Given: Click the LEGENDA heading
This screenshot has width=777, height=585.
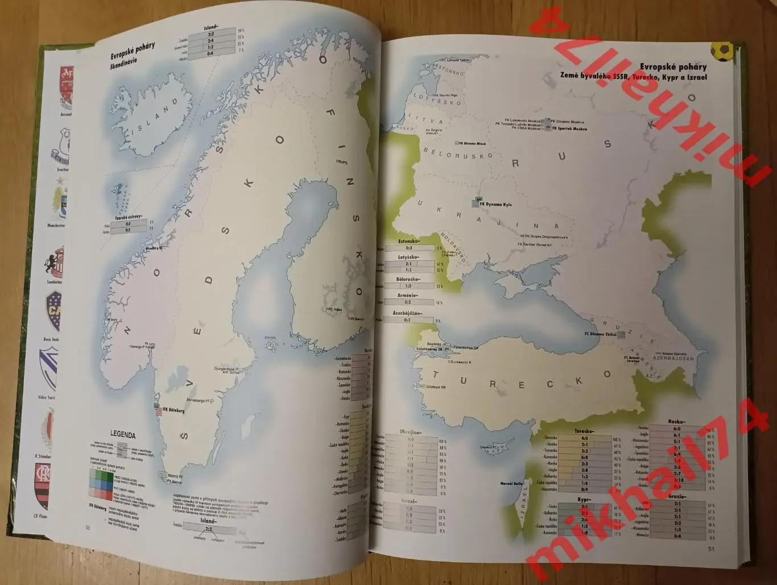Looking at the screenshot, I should point(122,435).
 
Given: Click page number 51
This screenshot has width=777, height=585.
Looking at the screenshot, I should point(710,549).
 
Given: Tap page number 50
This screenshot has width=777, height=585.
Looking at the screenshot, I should point(88,528).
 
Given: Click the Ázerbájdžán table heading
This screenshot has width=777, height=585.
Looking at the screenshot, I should point(407,313).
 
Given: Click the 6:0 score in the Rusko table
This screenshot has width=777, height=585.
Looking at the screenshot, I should point(677,428).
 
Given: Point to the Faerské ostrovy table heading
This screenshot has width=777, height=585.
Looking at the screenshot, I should point(129,217).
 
